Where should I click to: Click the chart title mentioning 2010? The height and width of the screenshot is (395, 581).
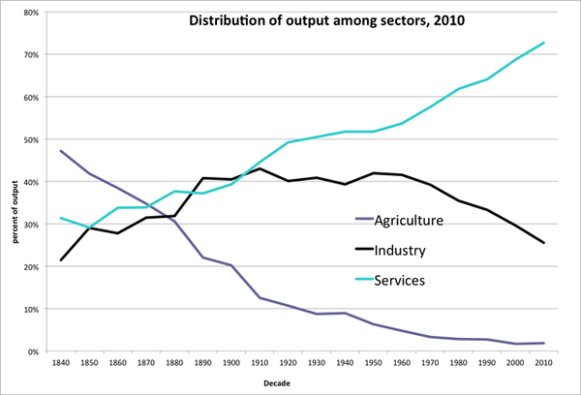coord(327,20)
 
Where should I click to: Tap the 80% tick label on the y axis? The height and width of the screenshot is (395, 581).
coord(31,13)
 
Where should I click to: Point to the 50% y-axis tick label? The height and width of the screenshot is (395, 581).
coord(31,139)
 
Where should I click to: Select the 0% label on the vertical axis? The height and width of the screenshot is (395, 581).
coord(33,351)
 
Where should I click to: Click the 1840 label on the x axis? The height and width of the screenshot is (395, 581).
coord(61,363)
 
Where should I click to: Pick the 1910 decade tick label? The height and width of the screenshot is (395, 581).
coord(260,363)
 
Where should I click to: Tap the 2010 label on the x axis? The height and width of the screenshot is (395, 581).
coord(543,363)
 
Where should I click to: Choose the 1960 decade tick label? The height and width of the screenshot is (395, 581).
coord(402,363)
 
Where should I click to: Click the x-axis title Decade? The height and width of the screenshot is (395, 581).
coord(277,383)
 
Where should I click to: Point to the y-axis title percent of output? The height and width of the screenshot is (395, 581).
coord(15,212)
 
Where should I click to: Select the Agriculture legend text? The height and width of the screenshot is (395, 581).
coord(409,221)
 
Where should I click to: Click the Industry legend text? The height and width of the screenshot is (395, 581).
coord(400,251)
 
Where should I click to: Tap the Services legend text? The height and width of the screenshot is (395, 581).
coord(399,280)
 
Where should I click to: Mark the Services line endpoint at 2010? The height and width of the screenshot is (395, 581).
coord(543,43)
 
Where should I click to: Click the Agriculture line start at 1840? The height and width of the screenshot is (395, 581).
coord(61,151)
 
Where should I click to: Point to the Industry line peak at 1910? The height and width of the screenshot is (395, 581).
coord(260,168)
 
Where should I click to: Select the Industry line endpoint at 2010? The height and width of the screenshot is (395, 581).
coord(543,243)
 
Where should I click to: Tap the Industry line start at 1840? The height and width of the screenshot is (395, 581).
coord(61,259)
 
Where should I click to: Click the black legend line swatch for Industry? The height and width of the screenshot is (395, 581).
coord(364,249)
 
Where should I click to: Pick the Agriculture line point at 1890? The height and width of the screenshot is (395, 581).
coord(203,258)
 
